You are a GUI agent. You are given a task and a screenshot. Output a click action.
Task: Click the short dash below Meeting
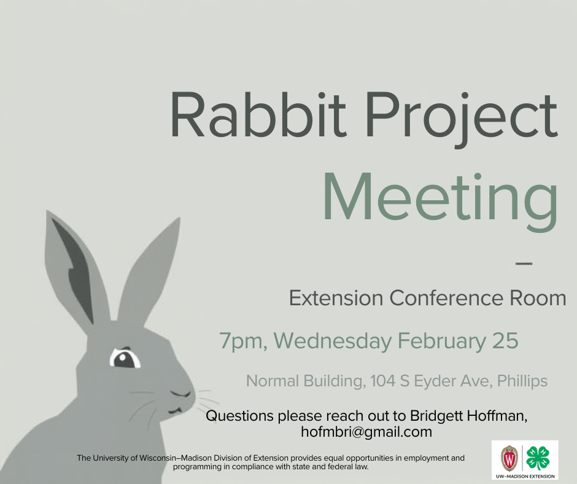coord(523,263)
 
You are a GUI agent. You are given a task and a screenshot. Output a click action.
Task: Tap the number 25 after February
coord(505,340)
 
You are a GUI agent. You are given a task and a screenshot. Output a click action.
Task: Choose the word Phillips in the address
coord(522,381)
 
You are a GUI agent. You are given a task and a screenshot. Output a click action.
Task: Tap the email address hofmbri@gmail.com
coord(366,432)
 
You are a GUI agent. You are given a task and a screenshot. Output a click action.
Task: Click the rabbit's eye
coord(125,358)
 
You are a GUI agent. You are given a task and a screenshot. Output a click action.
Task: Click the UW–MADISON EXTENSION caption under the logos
coord(525,476)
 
